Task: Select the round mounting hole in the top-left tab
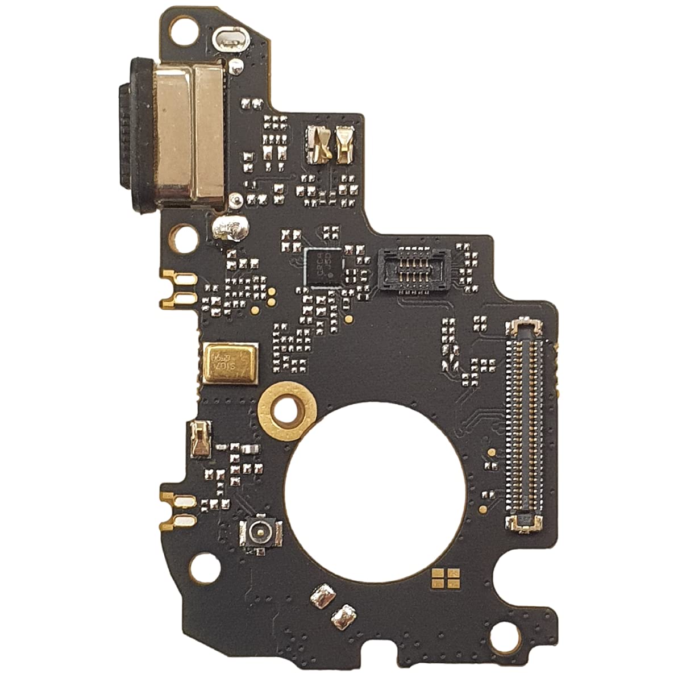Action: pyautogui.click(x=182, y=24)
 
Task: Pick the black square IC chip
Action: pyautogui.click(x=323, y=267)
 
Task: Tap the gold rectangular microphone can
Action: pyautogui.click(x=229, y=361)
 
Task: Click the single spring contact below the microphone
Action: pyautogui.click(x=200, y=439)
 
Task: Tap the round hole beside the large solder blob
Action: pyautogui.click(x=185, y=239)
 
